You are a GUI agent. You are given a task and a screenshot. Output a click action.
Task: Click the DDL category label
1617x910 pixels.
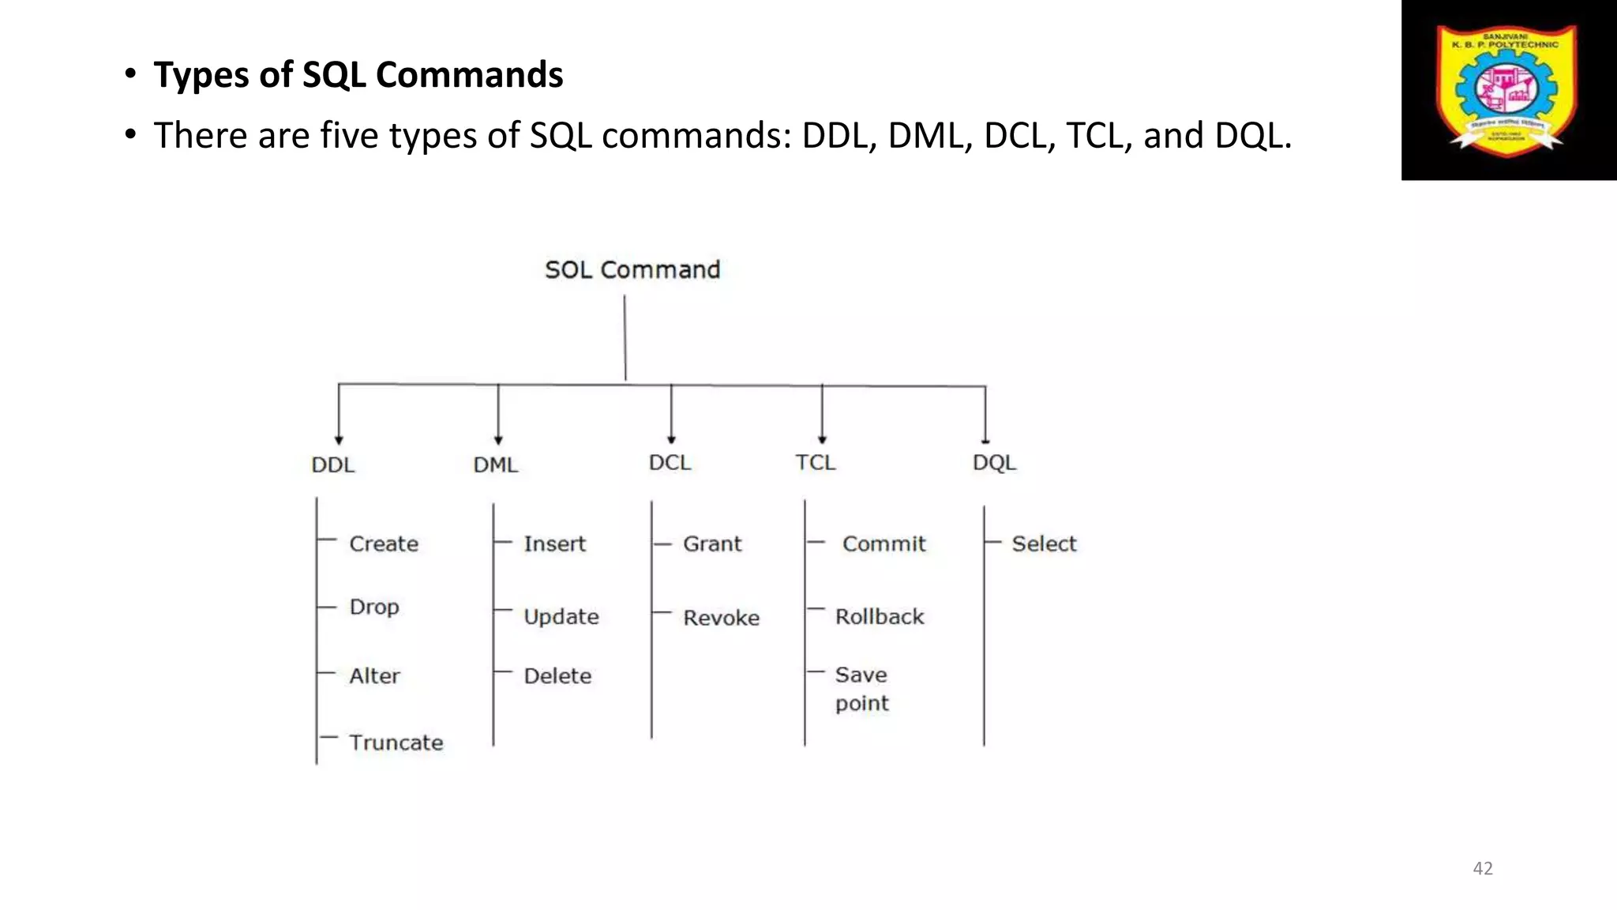332,464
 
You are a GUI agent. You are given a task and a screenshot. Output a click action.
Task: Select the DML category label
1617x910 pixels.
495,464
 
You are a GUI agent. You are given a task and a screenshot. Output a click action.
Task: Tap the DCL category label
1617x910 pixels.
670,462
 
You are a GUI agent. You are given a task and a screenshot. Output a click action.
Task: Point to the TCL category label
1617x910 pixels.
815,462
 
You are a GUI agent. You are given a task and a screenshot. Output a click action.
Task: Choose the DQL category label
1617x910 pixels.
994,462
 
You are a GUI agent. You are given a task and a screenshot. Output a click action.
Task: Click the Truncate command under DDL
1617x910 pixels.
396,743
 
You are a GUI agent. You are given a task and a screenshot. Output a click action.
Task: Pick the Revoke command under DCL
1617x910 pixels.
721,618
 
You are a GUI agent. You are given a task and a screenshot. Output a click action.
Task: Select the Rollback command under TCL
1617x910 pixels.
880,616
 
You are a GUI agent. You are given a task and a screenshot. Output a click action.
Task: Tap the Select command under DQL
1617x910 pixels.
1044,543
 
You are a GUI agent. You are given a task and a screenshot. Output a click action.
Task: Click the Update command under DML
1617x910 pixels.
561,616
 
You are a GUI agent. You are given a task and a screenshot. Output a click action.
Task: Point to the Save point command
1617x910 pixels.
861,689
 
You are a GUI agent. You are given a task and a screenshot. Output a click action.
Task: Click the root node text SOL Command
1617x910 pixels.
632,270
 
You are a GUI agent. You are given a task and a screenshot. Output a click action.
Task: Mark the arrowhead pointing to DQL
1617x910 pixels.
985,440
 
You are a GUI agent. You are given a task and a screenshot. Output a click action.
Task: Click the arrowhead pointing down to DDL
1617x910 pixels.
339,440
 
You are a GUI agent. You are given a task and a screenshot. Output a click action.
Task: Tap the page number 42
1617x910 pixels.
1483,868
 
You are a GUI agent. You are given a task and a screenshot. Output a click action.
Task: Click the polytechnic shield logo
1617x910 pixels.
1507,87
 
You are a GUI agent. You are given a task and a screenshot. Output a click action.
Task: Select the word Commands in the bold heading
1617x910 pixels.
469,75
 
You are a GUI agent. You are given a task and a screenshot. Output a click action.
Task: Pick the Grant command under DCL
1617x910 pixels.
712,543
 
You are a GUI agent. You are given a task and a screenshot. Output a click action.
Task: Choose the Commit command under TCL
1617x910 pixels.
884,543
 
